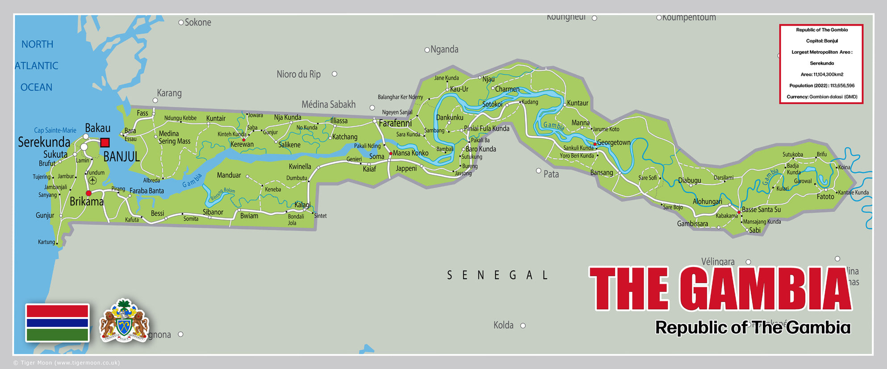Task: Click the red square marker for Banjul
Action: point(105,143)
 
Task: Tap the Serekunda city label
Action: point(44,142)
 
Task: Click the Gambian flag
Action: point(57,323)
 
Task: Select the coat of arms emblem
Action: point(124,321)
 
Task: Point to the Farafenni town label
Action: point(395,123)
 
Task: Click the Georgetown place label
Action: point(614,143)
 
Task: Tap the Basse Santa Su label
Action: point(761,210)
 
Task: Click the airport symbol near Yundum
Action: point(92,180)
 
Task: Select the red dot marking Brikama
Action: point(88,193)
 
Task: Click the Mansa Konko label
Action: point(410,153)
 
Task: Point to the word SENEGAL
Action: point(498,275)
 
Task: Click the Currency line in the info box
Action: point(822,96)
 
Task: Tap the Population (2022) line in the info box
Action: point(822,85)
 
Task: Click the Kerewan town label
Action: point(242,144)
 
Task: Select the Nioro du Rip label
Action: point(298,74)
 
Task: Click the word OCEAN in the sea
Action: point(36,87)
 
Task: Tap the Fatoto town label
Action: point(825,197)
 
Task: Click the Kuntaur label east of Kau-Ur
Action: point(577,103)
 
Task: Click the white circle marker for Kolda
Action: point(523,326)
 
